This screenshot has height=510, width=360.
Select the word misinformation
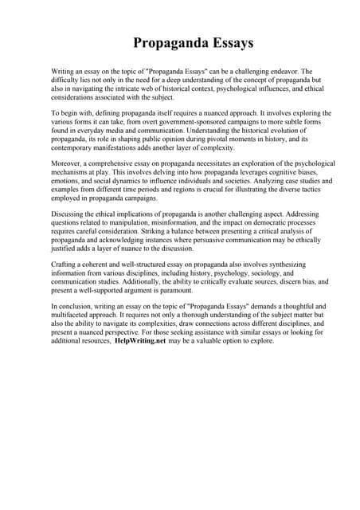[174, 225]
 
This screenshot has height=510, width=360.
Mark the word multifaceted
[81, 315]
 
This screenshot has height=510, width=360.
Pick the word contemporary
[77, 148]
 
